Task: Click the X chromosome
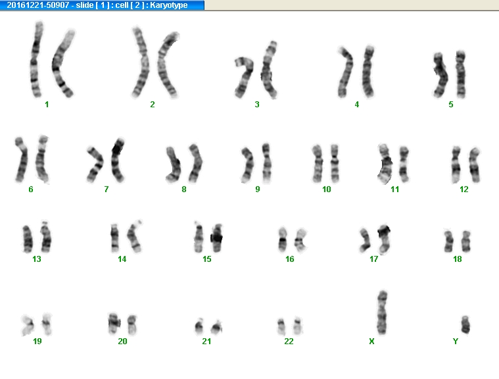(382, 313)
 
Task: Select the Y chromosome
(465, 324)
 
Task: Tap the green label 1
(47, 105)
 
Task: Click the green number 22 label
(289, 341)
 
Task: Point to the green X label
(371, 341)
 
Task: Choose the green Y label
(456, 341)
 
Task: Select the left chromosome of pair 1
(36, 59)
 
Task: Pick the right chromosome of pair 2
(166, 65)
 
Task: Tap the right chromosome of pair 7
(118, 160)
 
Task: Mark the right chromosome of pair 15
(217, 238)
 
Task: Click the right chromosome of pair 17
(385, 239)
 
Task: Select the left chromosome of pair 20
(113, 323)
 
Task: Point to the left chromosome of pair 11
(385, 164)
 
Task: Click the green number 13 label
(37, 259)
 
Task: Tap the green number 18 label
(458, 259)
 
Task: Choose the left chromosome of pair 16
(283, 240)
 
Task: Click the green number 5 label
(451, 105)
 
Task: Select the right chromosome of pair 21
(217, 327)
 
